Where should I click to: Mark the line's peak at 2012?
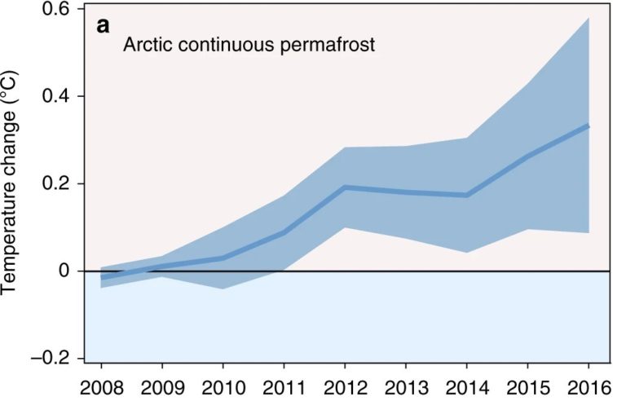click(346, 187)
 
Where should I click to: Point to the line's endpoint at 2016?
click(589, 126)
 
